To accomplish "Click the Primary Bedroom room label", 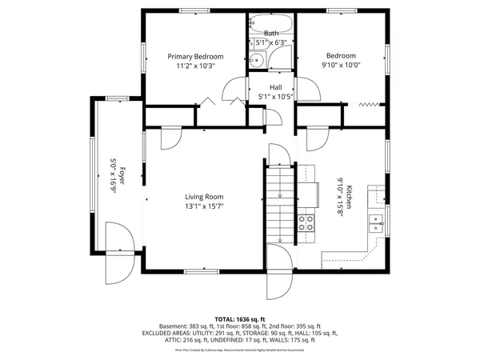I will pos(194,57).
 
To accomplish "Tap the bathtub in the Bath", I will pos(271,22).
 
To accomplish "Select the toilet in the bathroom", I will pos(258,60).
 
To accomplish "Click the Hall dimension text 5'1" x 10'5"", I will pos(276,97).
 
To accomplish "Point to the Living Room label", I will pos(204,196).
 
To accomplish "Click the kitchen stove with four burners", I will pos(306,222).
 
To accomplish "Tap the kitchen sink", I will pos(374,222).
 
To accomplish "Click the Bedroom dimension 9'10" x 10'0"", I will pos(341,66).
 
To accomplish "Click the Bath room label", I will pos(271,33).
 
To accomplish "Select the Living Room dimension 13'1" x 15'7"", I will pos(204,206).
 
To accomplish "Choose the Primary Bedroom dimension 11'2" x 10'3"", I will pos(194,66).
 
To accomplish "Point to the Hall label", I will pos(276,87).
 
